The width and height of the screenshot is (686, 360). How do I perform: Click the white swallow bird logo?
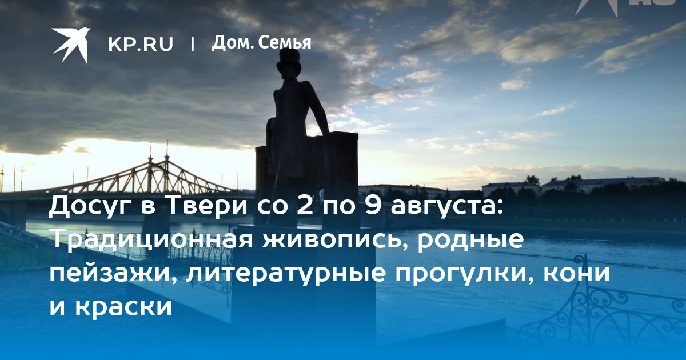[71, 45]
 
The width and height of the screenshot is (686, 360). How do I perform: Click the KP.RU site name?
[141, 44]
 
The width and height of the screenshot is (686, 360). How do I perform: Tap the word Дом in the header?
[232, 43]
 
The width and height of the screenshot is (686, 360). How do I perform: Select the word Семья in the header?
[285, 43]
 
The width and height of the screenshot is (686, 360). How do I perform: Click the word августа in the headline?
[448, 207]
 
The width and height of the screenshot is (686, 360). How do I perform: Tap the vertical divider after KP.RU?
[193, 45]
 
